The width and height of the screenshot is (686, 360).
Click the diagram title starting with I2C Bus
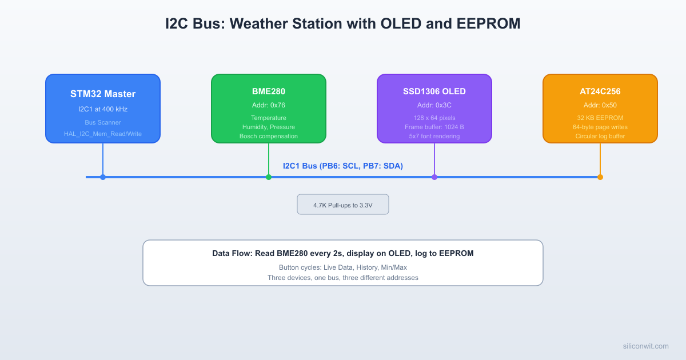(343, 24)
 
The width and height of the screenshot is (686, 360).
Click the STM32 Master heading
(103, 94)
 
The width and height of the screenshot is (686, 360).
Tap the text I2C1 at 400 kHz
(103, 109)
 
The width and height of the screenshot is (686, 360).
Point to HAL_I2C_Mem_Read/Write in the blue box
(103, 134)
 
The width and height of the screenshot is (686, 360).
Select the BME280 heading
(269, 91)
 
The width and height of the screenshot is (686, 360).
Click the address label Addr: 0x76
(269, 105)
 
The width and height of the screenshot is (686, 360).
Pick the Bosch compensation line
(269, 136)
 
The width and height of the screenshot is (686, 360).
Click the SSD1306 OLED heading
(434, 91)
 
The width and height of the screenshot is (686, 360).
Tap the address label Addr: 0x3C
(434, 105)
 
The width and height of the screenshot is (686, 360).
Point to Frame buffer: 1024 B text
(434, 127)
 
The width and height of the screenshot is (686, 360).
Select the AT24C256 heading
(600, 91)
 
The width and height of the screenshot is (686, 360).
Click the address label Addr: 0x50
(600, 105)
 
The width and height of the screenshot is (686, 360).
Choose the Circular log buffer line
(600, 136)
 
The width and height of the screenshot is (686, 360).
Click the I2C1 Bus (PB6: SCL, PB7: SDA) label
(343, 166)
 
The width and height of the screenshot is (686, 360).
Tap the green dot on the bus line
(269, 177)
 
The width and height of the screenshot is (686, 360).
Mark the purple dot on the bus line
(434, 177)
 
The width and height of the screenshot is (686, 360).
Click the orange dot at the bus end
(600, 177)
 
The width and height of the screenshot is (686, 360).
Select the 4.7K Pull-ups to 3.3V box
(343, 205)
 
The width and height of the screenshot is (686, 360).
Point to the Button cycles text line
(343, 267)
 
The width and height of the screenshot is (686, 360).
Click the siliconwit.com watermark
(645, 346)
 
